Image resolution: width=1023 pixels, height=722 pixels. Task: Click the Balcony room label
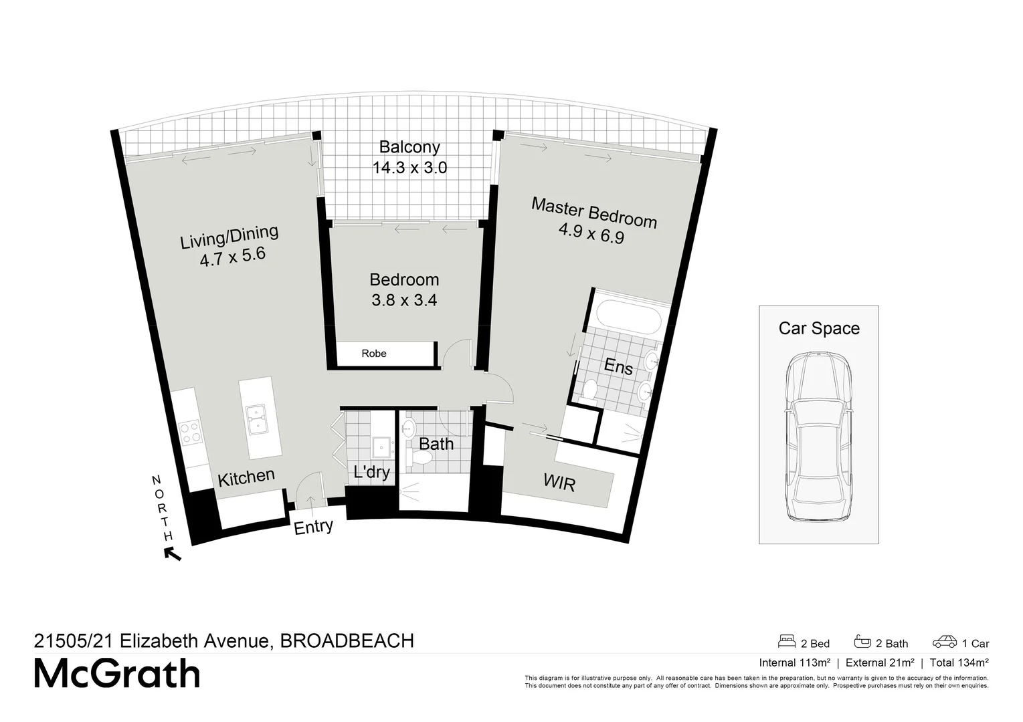pos(409,147)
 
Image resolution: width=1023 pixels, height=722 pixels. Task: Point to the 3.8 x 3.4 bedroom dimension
pos(404,301)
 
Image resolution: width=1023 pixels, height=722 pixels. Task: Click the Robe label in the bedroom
pos(374,354)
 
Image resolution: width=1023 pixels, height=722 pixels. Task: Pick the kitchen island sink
pos(256,419)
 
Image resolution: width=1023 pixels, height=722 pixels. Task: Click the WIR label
pos(559,483)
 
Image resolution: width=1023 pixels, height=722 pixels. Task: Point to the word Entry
pos(313,527)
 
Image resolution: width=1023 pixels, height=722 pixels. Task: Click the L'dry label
pos(371,473)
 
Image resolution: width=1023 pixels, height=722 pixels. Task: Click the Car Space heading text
pos(819,328)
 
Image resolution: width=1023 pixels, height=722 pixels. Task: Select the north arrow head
pos(172,554)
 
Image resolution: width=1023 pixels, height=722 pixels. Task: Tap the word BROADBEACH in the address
pos(347,641)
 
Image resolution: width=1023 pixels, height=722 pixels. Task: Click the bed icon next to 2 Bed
pos(787,642)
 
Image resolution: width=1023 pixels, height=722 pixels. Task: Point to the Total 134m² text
pos(957,663)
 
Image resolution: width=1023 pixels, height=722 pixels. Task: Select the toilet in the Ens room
pos(590,390)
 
